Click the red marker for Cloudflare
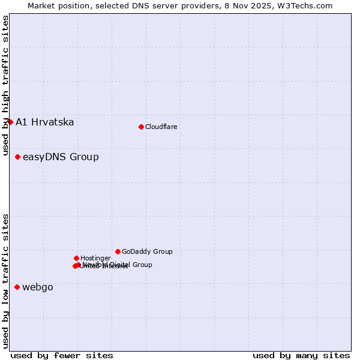tap(141, 127)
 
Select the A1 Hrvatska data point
tap(10, 122)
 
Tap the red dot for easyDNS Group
tap(18, 157)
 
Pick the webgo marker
tap(17, 287)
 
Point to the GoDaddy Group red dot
tap(118, 251)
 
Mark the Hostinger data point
tap(76, 258)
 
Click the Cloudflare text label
tap(161, 127)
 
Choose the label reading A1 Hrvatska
tap(45, 122)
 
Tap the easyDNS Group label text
tap(61, 157)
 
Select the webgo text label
tap(38, 287)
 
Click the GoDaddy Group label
tap(147, 252)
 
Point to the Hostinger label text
tap(95, 259)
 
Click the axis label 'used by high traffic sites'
tap(5, 85)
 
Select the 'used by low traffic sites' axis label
tap(5, 281)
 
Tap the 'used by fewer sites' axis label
tap(62, 356)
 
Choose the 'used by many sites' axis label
tap(301, 356)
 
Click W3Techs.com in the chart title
tap(307, 6)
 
